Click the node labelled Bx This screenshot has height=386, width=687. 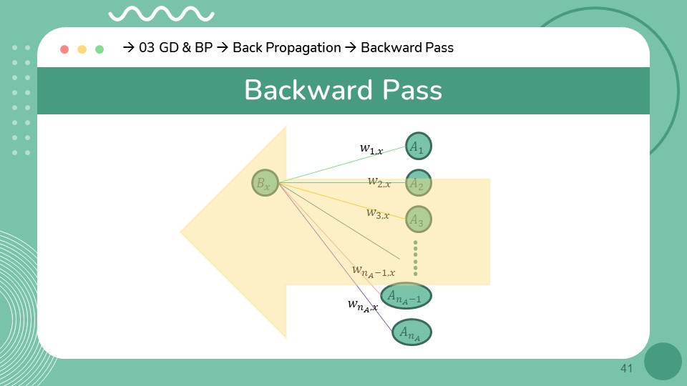265,183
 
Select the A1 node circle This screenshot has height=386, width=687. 418,147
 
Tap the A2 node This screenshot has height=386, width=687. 418,184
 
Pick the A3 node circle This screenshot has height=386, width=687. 418,220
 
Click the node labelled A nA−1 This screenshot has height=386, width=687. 406,295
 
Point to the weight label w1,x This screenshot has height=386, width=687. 371,149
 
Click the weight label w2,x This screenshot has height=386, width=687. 379,182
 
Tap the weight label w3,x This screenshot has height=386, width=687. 378,213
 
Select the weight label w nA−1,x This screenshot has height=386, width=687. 373,270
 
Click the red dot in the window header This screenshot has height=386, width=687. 64,49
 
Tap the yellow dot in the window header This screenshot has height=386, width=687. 82,49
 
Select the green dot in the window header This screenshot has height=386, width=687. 99,49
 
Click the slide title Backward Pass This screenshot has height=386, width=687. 343,91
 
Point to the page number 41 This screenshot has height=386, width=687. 627,368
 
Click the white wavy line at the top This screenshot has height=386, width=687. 161,14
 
